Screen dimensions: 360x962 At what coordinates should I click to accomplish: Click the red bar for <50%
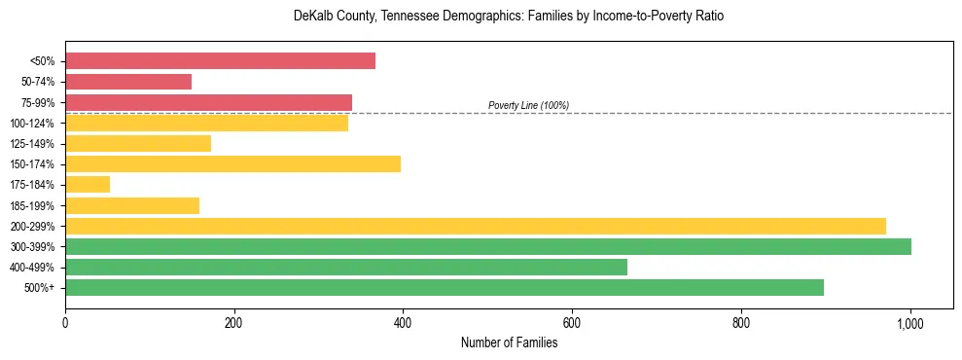pos(220,60)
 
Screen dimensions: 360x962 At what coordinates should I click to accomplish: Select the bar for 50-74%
pos(128,82)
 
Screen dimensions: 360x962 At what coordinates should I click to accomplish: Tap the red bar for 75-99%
pos(208,102)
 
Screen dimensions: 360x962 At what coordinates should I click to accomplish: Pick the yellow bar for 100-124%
pos(206,123)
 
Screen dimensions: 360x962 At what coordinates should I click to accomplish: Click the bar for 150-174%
pos(232,163)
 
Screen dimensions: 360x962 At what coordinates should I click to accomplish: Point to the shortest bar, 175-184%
pos(88,185)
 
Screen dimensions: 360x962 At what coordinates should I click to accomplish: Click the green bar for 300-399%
pos(488,246)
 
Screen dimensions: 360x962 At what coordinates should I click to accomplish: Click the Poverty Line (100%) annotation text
pos(528,105)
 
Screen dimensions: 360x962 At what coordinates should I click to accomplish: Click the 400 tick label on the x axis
pos(403,322)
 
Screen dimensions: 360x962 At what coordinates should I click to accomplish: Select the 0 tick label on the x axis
pos(65,322)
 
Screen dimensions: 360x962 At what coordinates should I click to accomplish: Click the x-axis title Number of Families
pos(509,342)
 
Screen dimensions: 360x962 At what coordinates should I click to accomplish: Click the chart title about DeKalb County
pos(509,17)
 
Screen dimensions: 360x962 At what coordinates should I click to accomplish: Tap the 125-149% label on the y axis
pos(32,144)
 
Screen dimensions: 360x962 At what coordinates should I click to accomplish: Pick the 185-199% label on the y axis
pos(32,205)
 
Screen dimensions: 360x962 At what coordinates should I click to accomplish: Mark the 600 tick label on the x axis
pos(572,322)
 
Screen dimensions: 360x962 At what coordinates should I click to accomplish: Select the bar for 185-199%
pos(132,205)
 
